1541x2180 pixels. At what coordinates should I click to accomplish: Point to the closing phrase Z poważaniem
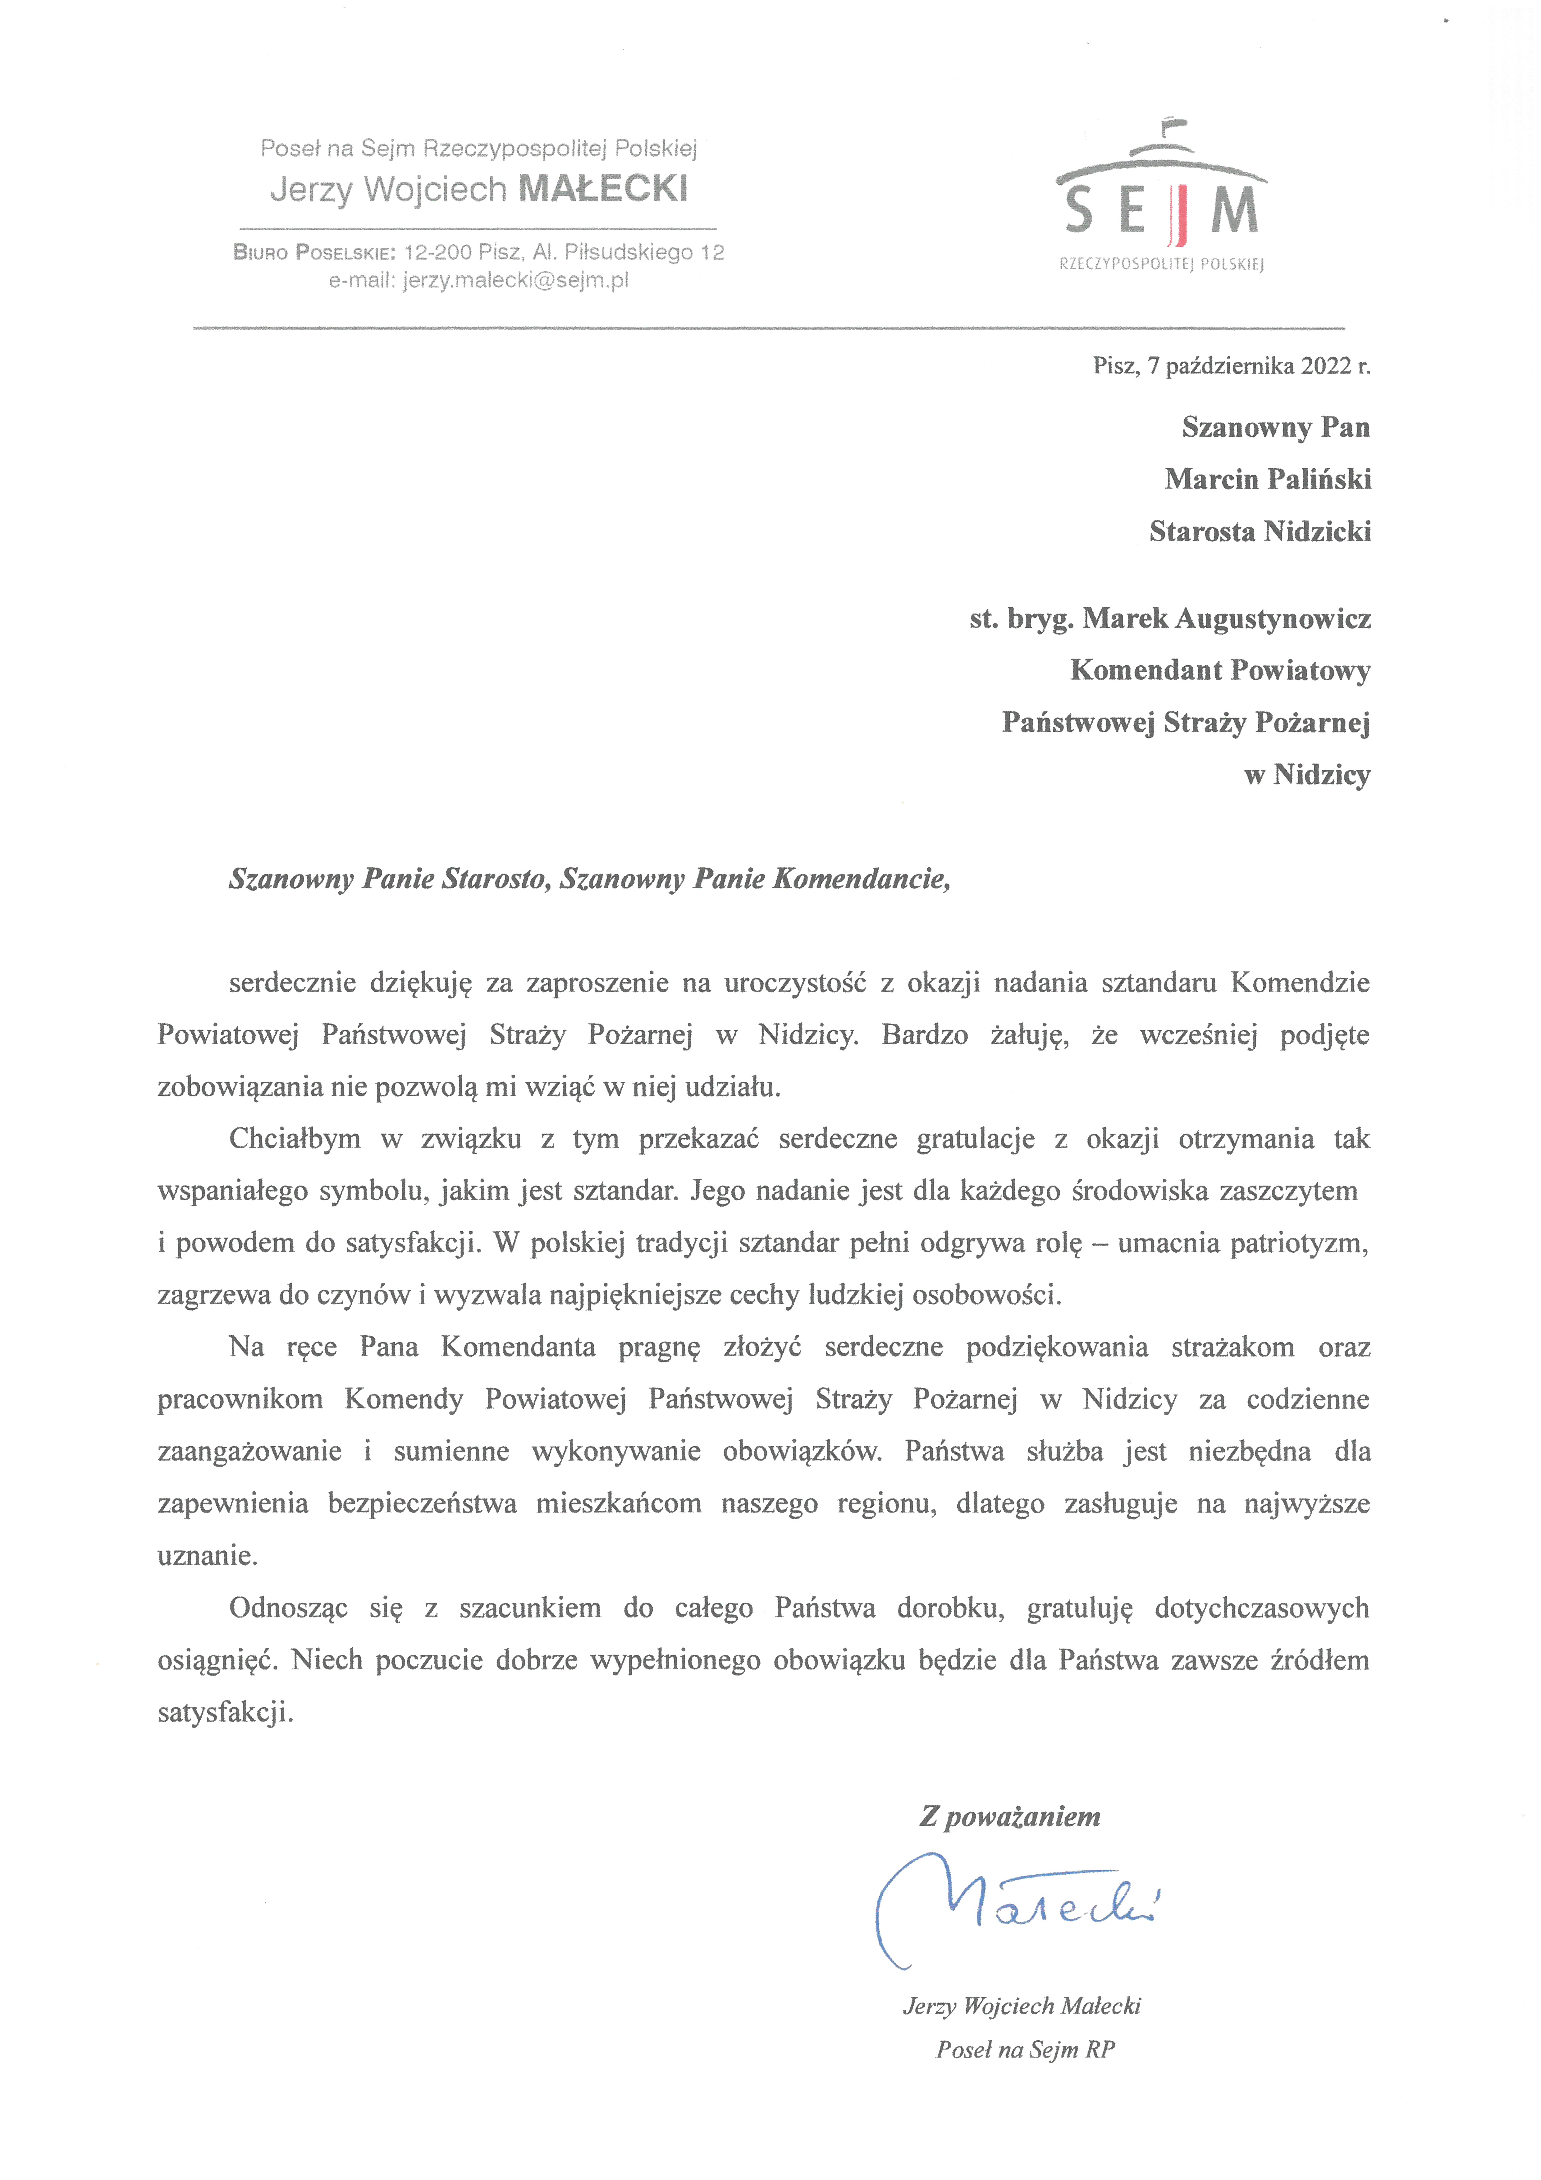pyautogui.click(x=1010, y=1816)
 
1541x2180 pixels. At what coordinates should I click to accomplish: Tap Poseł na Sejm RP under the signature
pyautogui.click(x=1026, y=2050)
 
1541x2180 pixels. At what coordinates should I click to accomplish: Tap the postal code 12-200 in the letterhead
pyautogui.click(x=438, y=253)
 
